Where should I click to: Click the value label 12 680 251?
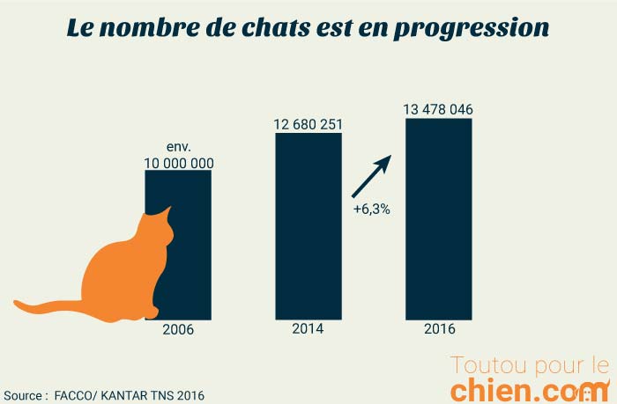(308, 124)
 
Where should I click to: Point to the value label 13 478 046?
(438, 109)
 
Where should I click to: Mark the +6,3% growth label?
(371, 211)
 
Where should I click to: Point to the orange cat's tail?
(44, 307)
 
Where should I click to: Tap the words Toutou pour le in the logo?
(529, 364)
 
